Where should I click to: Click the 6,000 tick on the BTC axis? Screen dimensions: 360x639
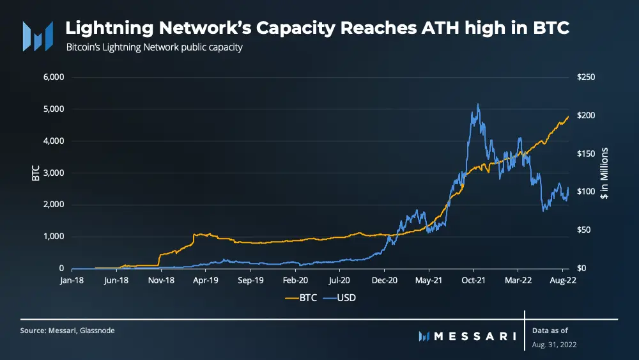pyautogui.click(x=53, y=77)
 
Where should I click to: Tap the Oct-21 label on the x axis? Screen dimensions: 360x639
pyautogui.click(x=473, y=280)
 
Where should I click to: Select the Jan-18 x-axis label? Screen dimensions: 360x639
pyautogui.click(x=72, y=280)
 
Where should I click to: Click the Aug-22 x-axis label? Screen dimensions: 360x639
pyautogui.click(x=562, y=280)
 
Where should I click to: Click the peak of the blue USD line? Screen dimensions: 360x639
pyautogui.click(x=477, y=104)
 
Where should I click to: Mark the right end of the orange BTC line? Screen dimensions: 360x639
pyautogui.click(x=568, y=116)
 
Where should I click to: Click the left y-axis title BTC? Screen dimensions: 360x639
pyautogui.click(x=36, y=173)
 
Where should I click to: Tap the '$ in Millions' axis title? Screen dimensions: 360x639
pyautogui.click(x=603, y=173)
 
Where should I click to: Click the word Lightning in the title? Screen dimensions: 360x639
pyautogui.click(x=109, y=29)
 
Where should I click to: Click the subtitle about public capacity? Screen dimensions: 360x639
pyautogui.click(x=154, y=47)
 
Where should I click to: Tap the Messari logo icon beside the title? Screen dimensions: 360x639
pyautogui.click(x=37, y=36)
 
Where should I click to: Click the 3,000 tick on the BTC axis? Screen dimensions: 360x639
pyautogui.click(x=53, y=173)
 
